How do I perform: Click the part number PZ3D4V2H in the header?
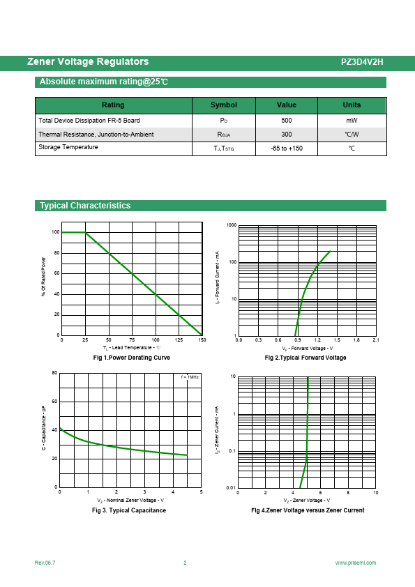(x=362, y=62)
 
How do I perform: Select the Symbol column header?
(x=224, y=105)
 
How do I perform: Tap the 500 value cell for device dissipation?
(x=287, y=121)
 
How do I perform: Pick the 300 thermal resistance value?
(x=287, y=135)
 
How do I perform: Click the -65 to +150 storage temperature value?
(x=287, y=148)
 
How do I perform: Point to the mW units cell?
(x=352, y=121)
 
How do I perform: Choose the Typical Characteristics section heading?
(x=85, y=206)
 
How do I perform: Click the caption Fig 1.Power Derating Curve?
(x=131, y=358)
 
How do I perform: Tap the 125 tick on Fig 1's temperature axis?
(x=179, y=340)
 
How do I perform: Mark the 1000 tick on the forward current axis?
(x=232, y=225)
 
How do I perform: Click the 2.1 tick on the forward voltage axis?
(x=376, y=340)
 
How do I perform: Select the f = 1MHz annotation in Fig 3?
(x=190, y=377)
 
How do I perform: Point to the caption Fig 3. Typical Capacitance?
(x=129, y=510)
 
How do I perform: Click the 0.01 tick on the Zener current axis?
(x=231, y=488)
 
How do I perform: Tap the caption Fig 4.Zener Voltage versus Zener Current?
(x=308, y=510)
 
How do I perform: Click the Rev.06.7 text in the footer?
(x=45, y=563)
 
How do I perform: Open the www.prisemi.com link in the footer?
(x=356, y=563)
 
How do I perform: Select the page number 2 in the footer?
(x=185, y=563)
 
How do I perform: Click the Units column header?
(x=352, y=105)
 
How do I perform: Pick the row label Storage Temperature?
(x=68, y=147)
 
